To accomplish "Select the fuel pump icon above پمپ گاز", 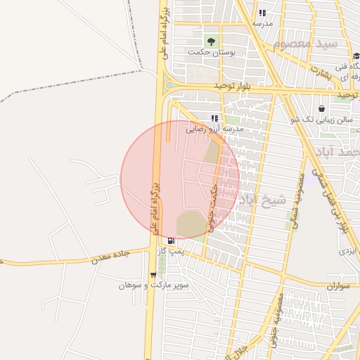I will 172,240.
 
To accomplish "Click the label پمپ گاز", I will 172,251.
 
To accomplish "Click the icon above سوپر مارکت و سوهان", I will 153,275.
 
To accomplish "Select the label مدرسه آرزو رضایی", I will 214,129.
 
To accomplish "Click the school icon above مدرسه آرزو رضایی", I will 214,118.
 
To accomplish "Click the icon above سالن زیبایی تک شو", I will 321,109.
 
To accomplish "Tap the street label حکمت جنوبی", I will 212,210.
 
